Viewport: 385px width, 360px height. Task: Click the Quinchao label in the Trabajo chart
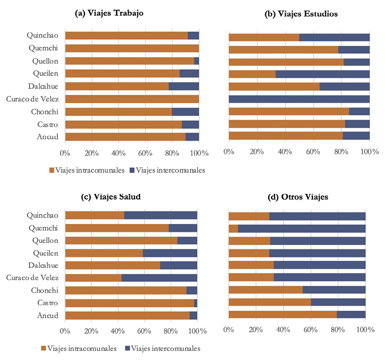point(43,35)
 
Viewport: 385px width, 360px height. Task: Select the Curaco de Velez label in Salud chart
point(34,278)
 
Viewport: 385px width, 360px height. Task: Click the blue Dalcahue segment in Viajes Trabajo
point(184,86)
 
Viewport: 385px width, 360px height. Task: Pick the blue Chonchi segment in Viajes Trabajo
point(185,112)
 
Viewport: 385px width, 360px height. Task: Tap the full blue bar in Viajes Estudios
point(299,99)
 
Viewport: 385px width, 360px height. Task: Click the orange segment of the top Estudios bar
point(264,37)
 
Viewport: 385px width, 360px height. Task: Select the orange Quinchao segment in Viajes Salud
point(94,215)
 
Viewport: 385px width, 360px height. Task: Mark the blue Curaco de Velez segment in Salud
point(159,278)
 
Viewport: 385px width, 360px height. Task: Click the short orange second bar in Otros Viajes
point(233,228)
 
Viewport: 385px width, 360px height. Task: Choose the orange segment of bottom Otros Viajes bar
point(282,315)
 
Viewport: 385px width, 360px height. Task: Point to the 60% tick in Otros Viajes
point(311,330)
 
